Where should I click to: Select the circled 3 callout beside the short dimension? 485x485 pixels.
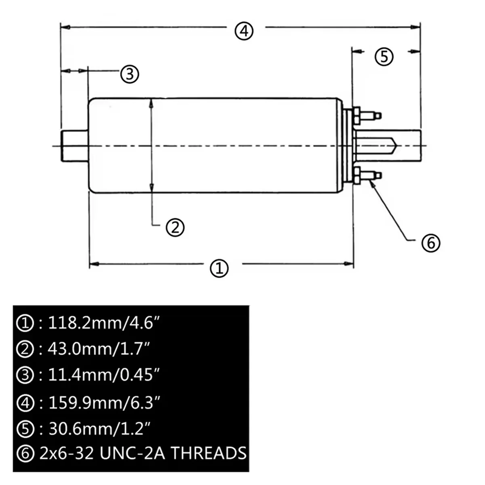130,74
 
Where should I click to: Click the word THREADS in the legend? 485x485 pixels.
208,453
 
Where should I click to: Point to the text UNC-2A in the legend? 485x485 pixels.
131,453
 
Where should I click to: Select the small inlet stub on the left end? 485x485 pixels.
75,145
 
